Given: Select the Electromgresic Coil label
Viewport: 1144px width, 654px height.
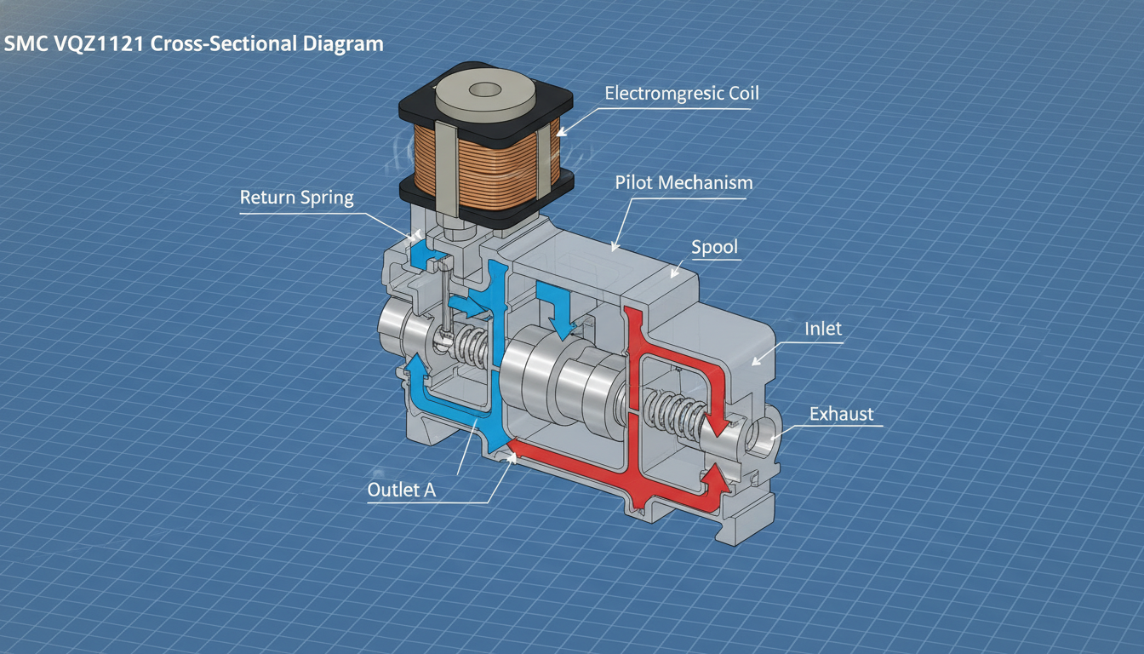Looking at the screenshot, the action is click(x=681, y=93).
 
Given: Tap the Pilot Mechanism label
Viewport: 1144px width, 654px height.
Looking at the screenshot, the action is click(x=684, y=182).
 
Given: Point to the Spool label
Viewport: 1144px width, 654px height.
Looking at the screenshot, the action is click(x=714, y=247).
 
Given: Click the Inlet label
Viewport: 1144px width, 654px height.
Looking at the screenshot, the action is click(x=823, y=329).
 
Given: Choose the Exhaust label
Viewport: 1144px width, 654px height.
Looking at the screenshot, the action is click(x=841, y=414).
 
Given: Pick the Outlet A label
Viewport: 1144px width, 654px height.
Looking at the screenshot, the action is click(x=402, y=490).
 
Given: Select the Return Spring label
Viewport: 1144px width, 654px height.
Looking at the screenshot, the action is click(x=297, y=198).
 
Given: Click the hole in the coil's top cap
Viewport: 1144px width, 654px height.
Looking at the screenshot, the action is click(x=484, y=90).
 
